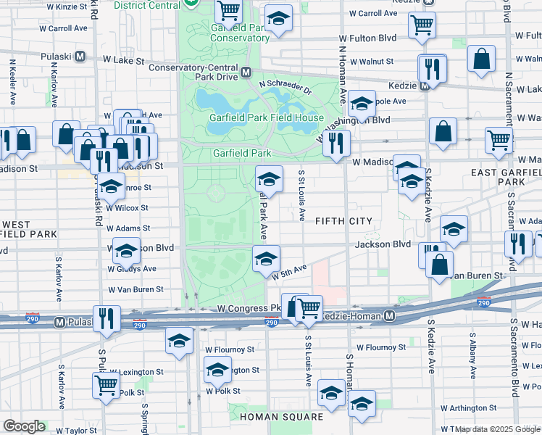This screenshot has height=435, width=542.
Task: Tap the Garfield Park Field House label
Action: (x=267, y=117)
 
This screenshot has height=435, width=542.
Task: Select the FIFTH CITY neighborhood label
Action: (x=343, y=220)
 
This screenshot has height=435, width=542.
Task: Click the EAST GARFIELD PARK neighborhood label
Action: (x=503, y=177)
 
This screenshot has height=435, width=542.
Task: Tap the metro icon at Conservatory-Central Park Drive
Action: (x=246, y=72)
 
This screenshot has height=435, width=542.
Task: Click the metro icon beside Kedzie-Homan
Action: (x=390, y=316)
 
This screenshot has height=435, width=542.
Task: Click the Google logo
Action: (x=24, y=426)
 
